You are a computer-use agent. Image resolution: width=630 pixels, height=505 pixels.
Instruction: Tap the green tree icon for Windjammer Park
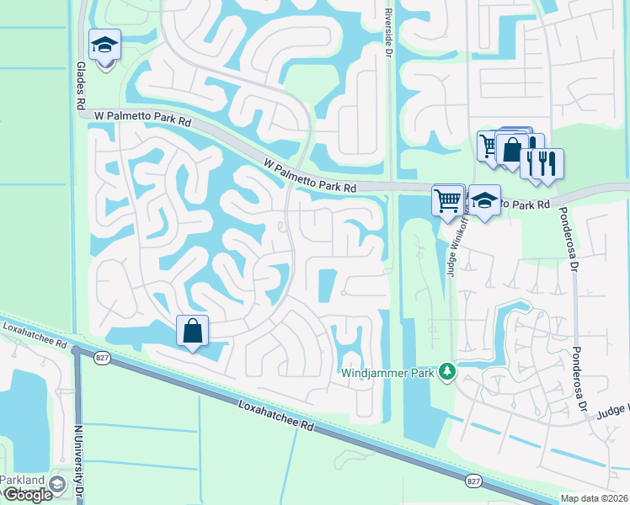(449, 371)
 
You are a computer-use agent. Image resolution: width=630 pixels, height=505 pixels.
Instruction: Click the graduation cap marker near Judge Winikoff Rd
(484, 201)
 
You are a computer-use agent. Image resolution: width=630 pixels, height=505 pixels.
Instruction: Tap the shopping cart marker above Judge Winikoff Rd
(448, 200)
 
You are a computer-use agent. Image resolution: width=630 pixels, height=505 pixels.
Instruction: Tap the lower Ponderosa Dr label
(579, 379)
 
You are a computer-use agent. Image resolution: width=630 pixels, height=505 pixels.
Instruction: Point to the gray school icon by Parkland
(57, 484)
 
